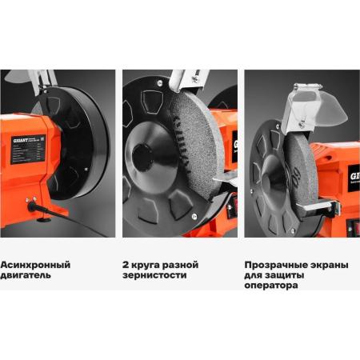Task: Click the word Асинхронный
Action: point(35,265)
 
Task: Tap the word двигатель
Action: point(26,275)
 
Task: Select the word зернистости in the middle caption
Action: point(154,275)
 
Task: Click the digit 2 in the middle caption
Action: point(126,265)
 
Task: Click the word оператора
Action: point(271,286)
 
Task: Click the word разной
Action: point(181,265)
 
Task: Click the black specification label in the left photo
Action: point(28,150)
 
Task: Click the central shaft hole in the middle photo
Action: point(142,158)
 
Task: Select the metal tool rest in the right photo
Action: point(320,206)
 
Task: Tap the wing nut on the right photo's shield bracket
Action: point(302,123)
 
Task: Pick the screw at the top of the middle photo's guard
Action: point(160,83)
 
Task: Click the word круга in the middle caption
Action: point(146,266)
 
